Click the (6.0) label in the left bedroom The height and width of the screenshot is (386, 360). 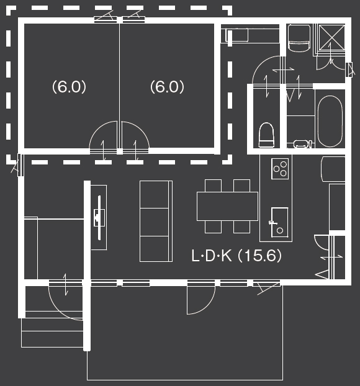point(69,88)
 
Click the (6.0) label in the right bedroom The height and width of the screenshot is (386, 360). point(168,88)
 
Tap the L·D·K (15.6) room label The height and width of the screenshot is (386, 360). point(236,256)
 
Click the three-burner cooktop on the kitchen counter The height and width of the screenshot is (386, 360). point(280,168)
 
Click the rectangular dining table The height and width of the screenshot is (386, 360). point(227,206)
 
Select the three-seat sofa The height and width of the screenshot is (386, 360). point(155,221)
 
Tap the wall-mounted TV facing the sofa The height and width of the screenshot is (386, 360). point(98,217)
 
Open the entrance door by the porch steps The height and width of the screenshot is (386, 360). point(65,301)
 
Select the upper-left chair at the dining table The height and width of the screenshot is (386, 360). point(213,186)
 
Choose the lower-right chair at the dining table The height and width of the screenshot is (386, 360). point(241,227)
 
